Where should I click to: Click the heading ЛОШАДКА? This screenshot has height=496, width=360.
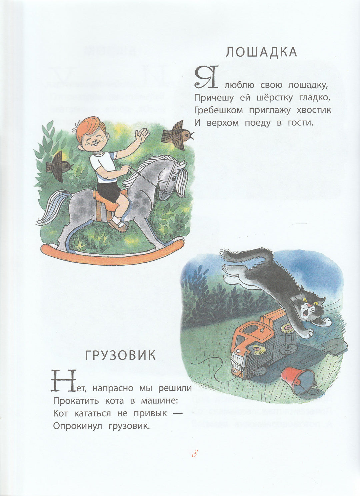(x=261, y=52)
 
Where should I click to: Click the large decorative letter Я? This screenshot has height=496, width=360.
(x=206, y=77)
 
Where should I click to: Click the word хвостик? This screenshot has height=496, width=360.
(x=314, y=110)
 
